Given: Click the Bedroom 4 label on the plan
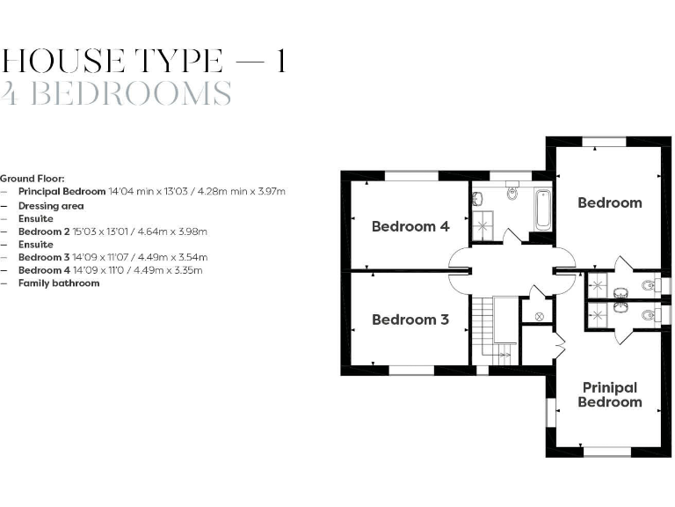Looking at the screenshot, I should (410, 226).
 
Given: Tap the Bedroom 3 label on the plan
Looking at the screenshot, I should (410, 320).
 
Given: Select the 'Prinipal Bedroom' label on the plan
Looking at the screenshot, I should (609, 394).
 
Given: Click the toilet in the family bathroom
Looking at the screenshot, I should (513, 192).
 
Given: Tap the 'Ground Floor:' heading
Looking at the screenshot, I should (33, 178).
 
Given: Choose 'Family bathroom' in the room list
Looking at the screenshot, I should (59, 283).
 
